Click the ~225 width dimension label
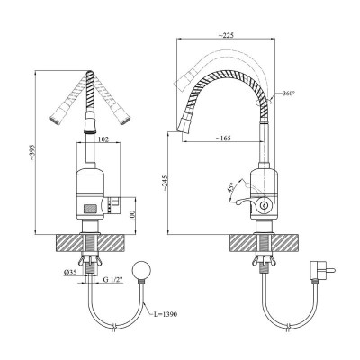(x=226, y=35)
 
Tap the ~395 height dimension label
(x=33, y=152)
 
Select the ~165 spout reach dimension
(x=223, y=139)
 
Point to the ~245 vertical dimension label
(x=165, y=184)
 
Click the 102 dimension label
(x=103, y=139)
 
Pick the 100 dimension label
(x=133, y=215)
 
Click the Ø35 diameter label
(x=70, y=272)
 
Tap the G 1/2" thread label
(x=113, y=280)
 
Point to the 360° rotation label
(x=289, y=94)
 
